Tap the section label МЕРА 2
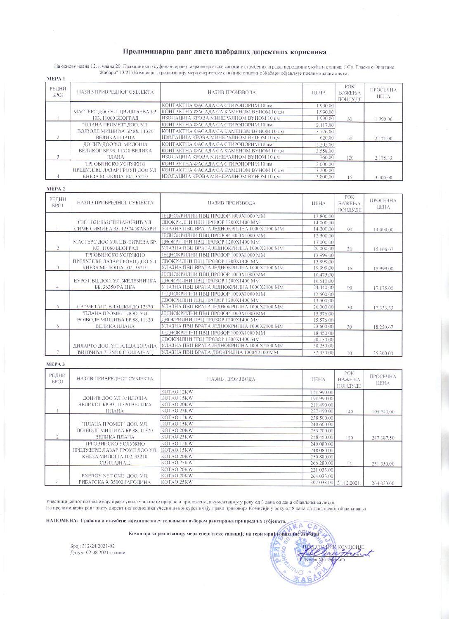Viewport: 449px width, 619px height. coord(54,189)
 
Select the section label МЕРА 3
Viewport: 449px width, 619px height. coord(54,364)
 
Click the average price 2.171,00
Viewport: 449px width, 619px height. coord(383,139)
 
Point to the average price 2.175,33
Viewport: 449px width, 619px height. coord(383,158)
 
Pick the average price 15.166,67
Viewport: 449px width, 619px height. coord(383,249)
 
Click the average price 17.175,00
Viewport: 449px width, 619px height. coord(383,288)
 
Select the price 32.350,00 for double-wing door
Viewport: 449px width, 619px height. coord(324,353)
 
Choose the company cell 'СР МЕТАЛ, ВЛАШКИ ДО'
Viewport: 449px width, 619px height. coord(115,307)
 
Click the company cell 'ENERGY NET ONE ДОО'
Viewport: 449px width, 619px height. coord(115,479)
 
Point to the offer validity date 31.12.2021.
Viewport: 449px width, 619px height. coord(349,483)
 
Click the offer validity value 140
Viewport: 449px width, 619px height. coord(350,412)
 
